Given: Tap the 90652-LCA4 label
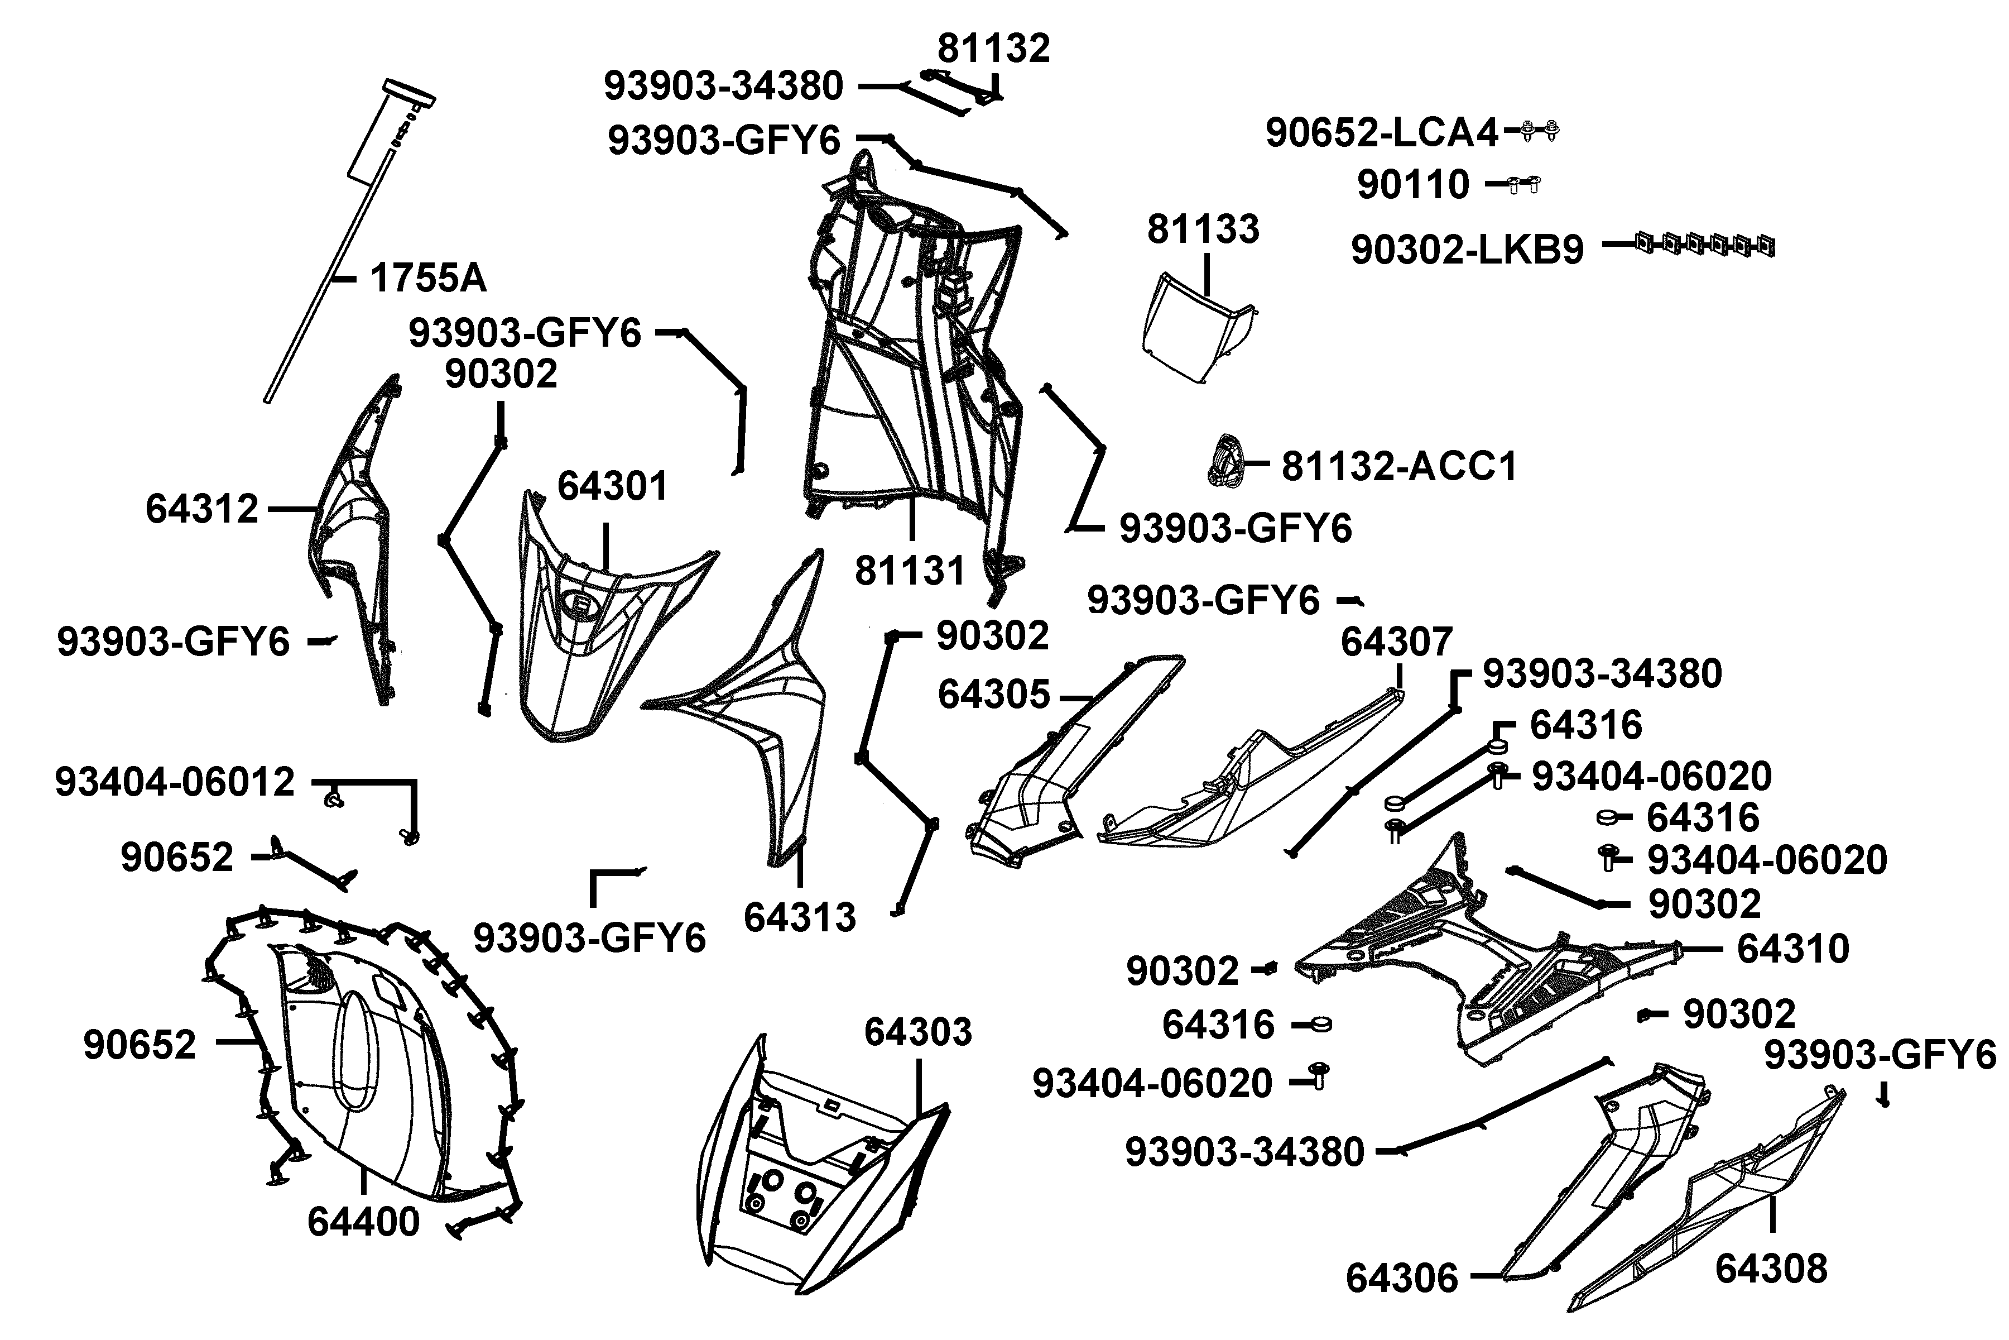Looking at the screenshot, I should pos(1381,132).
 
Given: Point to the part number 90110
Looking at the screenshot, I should pos(1413,185).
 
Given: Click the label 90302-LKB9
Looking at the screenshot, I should pos(1467,250).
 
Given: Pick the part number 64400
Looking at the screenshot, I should pos(364,1222).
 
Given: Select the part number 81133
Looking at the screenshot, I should pos(1203,229).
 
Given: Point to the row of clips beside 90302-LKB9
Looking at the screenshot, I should pos(1705,245).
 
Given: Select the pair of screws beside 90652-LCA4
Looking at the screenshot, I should pos(1540,131).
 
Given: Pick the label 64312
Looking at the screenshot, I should pos(201,509).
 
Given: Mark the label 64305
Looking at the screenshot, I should pos(993,695).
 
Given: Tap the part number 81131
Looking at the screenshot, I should pos(910,571).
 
